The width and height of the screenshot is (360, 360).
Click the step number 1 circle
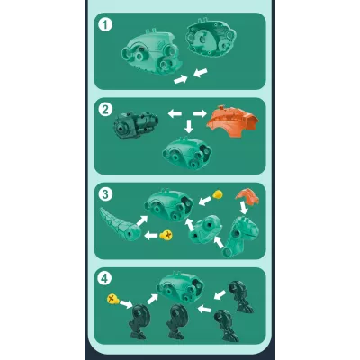click(105, 25)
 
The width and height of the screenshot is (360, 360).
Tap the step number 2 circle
click(105, 110)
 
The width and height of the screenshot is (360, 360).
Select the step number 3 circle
click(105, 194)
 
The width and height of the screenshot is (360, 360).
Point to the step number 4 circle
click(104, 279)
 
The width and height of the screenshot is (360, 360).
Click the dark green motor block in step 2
click(136, 125)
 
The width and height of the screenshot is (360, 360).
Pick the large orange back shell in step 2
click(232, 121)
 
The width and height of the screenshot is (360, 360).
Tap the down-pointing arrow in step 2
click(189, 126)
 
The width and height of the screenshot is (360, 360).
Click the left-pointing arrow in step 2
click(175, 113)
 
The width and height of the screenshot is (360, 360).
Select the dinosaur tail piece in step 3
click(120, 224)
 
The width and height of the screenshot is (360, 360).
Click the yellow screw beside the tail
click(166, 235)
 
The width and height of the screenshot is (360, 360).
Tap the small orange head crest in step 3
click(247, 196)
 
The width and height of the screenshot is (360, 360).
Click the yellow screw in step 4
click(113, 299)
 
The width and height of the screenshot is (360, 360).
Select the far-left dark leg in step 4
click(139, 321)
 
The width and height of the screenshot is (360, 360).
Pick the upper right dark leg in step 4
click(240, 297)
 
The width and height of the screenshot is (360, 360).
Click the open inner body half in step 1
click(211, 39)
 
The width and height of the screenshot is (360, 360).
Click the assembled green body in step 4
click(181, 287)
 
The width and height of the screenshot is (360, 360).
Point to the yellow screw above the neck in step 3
click(218, 194)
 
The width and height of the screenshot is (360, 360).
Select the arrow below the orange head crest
click(244, 208)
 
